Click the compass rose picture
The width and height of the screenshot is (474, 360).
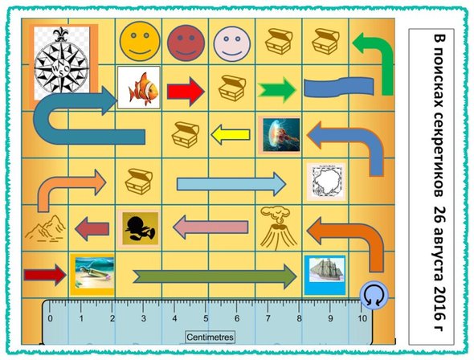pyautogui.click(x=62, y=63)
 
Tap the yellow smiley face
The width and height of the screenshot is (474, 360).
pyautogui.click(x=140, y=42)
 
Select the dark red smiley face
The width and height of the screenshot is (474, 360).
pyautogui.click(x=186, y=43)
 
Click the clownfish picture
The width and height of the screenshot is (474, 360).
pyautogui.click(x=139, y=88)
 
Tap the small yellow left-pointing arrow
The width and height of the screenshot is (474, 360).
pyautogui.click(x=231, y=134)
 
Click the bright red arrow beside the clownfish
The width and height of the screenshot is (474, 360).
pyautogui.click(x=186, y=92)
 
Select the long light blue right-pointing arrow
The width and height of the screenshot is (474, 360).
pyautogui.click(x=231, y=184)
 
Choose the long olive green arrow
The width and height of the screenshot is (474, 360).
pyautogui.click(x=215, y=276)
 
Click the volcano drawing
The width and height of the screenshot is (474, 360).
pyautogui.click(x=278, y=228)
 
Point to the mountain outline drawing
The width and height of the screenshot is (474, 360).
pyautogui.click(x=45, y=228)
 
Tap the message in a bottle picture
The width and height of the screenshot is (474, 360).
pyautogui.click(x=92, y=275)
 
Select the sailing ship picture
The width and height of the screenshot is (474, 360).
pyautogui.click(x=325, y=275)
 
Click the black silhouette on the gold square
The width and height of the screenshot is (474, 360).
pyautogui.click(x=140, y=228)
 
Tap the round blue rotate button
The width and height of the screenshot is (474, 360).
pyautogui.click(x=374, y=296)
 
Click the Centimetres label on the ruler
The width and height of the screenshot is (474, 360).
pyautogui.click(x=210, y=337)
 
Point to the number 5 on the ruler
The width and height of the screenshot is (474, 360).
pyautogui.click(x=206, y=318)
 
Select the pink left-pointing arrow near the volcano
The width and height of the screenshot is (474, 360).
pyautogui.click(x=210, y=227)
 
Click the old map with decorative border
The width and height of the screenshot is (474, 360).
pyautogui.click(x=326, y=182)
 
